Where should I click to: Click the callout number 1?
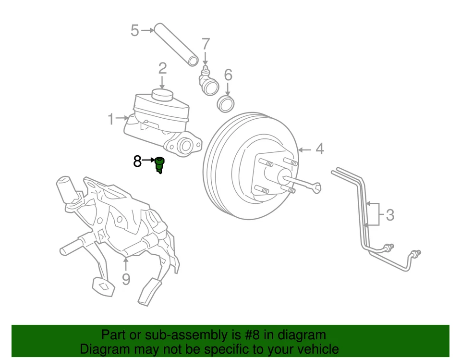tap(111, 119)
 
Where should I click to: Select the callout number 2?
tap(162, 68)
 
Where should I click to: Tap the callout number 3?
tap(390, 215)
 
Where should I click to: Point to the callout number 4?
tap(319, 149)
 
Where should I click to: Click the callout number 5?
tap(135, 31)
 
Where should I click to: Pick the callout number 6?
tap(228, 75)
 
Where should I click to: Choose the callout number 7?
tap(206, 44)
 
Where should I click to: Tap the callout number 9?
tap(126, 279)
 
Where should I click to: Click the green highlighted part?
tap(160, 165)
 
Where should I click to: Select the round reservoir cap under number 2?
tap(162, 94)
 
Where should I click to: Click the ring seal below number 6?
tap(226, 103)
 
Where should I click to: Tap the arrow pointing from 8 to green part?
tap(149, 160)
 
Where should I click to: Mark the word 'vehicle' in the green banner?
tap(315, 349)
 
